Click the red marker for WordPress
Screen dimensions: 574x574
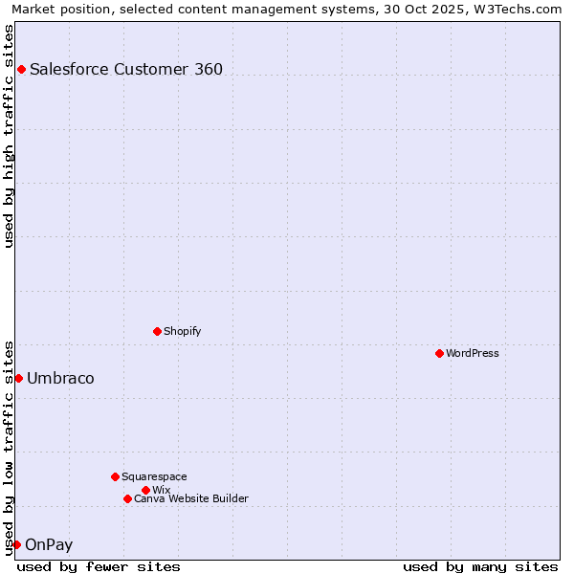[x=439, y=353]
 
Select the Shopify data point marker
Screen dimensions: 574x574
[x=157, y=331]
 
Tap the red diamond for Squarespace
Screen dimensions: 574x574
[x=115, y=476]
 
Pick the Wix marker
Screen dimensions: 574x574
[x=145, y=490]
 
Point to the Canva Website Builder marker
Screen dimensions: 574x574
[x=127, y=498]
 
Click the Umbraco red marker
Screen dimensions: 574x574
[x=18, y=378]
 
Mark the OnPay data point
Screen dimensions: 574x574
[x=16, y=544]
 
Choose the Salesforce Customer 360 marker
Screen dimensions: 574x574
[x=21, y=69]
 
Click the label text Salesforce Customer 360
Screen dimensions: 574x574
[x=126, y=69]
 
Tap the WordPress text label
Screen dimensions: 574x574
[x=473, y=353]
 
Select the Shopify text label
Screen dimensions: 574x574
[x=182, y=331]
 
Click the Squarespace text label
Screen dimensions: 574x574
[x=154, y=476]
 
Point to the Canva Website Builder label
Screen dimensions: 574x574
[x=191, y=498]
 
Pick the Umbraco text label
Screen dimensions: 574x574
[x=60, y=378]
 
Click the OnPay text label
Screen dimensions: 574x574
[x=49, y=544]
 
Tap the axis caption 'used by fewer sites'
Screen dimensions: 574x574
[x=99, y=566]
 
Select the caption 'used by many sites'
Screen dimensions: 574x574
[x=480, y=566]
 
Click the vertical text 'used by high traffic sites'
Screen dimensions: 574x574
[x=9, y=136]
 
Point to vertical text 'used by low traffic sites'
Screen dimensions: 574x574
[x=9, y=447]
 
